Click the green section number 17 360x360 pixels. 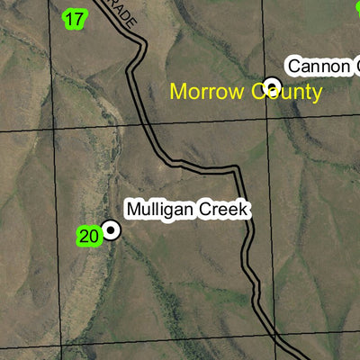point(75,18)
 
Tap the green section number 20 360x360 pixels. point(88,237)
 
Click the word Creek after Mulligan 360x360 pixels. point(221,210)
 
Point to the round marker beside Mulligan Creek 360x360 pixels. point(111,230)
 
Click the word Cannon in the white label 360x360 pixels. point(315,66)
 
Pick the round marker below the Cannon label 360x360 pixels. point(272,85)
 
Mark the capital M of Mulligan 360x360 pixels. point(133,210)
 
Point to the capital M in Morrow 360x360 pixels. point(177,92)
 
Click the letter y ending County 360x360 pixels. point(316,94)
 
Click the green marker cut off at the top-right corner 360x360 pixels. point(356,4)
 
